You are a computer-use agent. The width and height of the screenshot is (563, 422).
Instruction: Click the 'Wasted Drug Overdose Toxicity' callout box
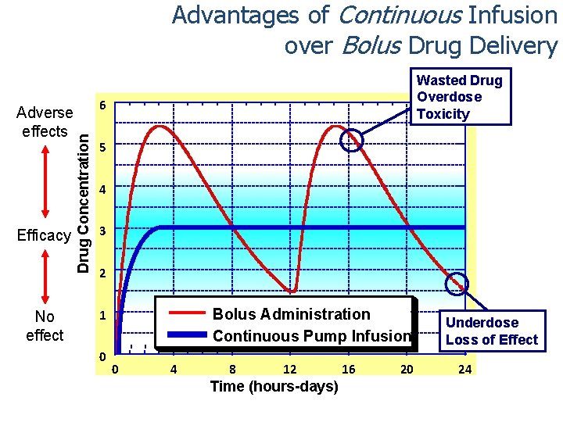click(x=460, y=97)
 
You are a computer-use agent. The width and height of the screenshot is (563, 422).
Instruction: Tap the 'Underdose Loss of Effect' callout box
click(x=491, y=331)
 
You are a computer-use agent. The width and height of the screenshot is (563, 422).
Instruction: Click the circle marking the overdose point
click(x=353, y=140)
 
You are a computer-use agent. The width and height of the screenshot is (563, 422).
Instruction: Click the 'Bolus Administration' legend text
click(x=291, y=314)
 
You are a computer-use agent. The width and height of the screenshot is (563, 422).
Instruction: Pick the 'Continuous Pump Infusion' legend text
click(x=311, y=336)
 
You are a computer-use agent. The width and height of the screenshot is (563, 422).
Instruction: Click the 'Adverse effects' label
click(x=45, y=122)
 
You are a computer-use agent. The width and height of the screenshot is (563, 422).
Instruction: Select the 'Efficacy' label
click(x=45, y=235)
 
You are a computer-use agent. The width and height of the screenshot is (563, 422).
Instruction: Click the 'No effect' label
click(x=45, y=326)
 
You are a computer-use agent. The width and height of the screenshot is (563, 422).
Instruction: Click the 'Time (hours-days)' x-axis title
click(x=274, y=387)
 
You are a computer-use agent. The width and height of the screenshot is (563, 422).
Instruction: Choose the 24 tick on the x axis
click(x=464, y=369)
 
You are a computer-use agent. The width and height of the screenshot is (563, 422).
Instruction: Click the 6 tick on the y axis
click(x=102, y=105)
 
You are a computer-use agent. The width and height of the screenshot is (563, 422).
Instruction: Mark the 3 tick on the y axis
click(x=102, y=230)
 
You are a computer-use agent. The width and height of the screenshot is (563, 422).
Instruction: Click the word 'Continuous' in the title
click(x=385, y=15)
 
